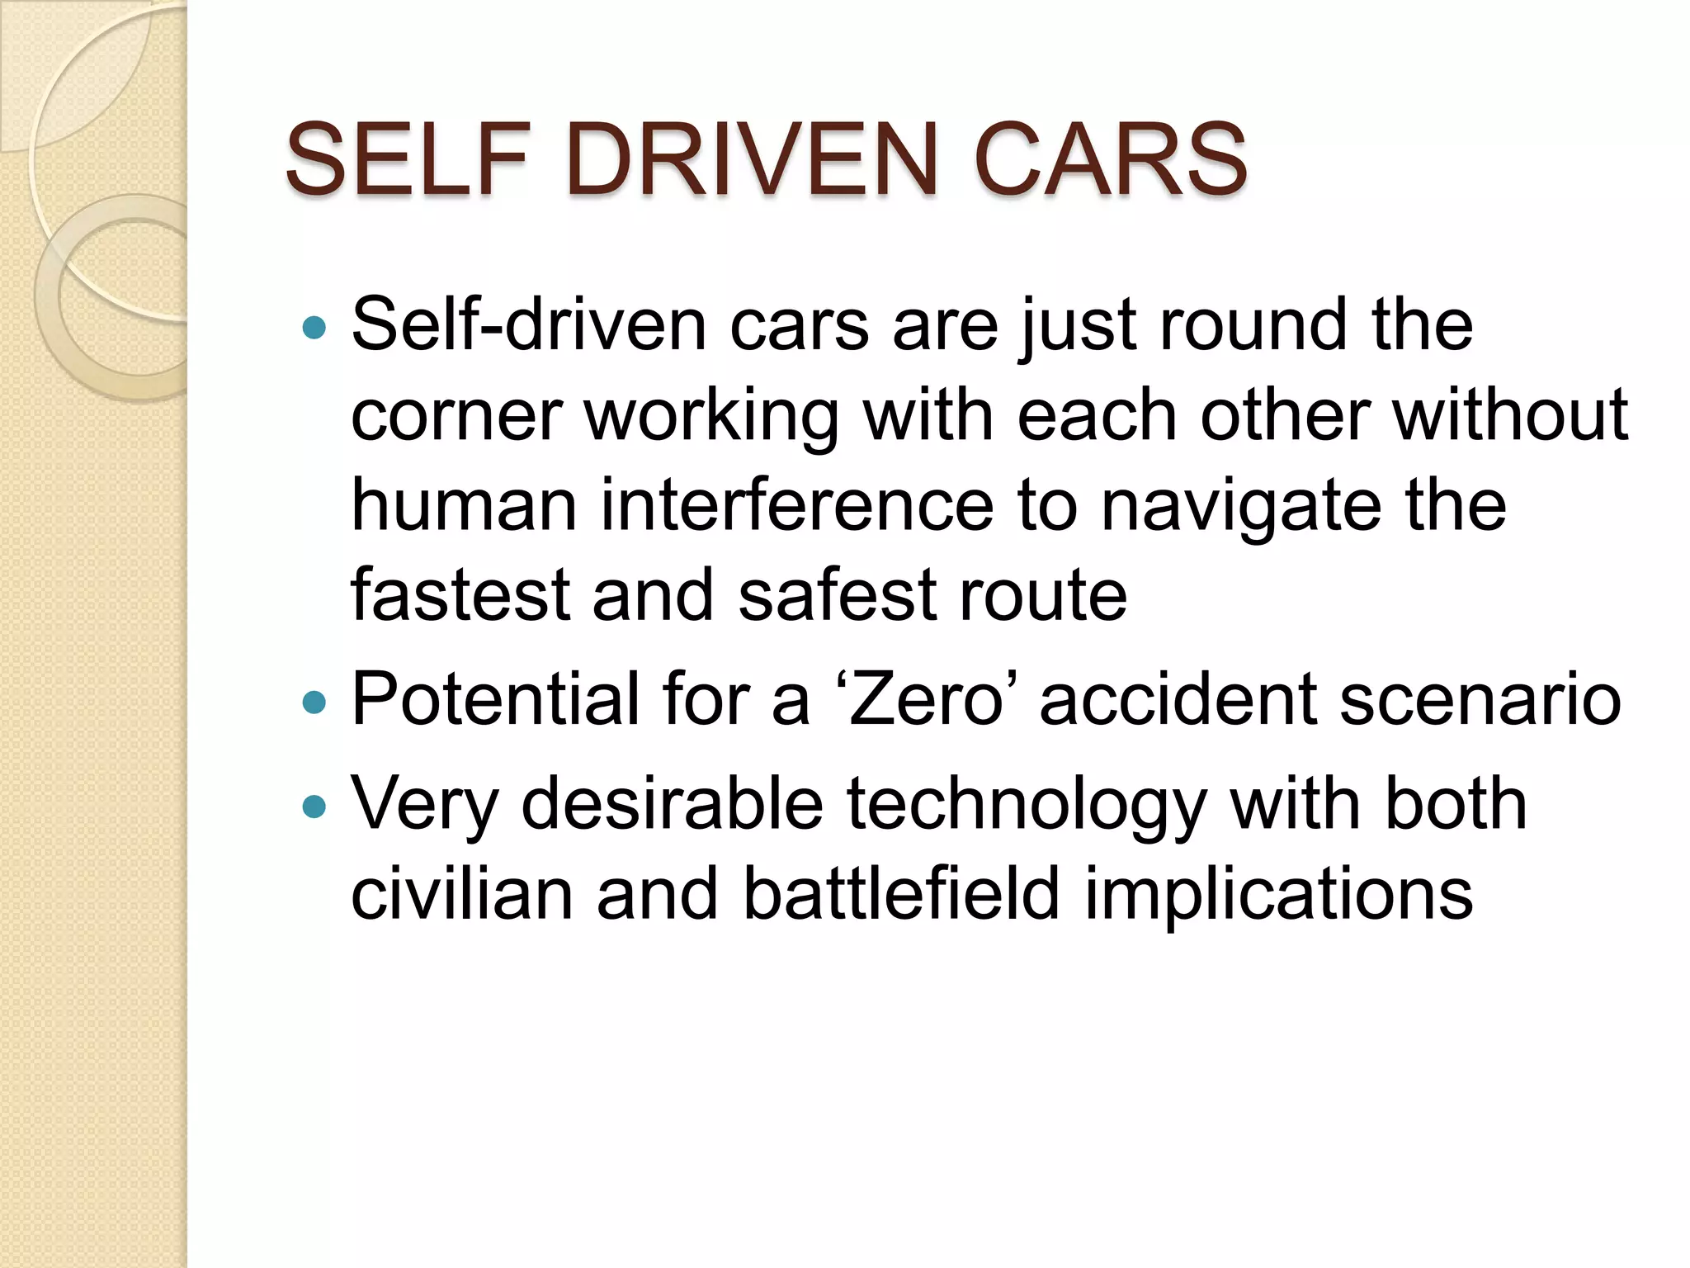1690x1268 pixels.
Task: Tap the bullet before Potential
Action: tap(314, 703)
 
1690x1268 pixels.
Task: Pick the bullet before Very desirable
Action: tap(314, 807)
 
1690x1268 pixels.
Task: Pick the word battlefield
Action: tap(900, 894)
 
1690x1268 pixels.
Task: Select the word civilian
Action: tap(461, 894)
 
